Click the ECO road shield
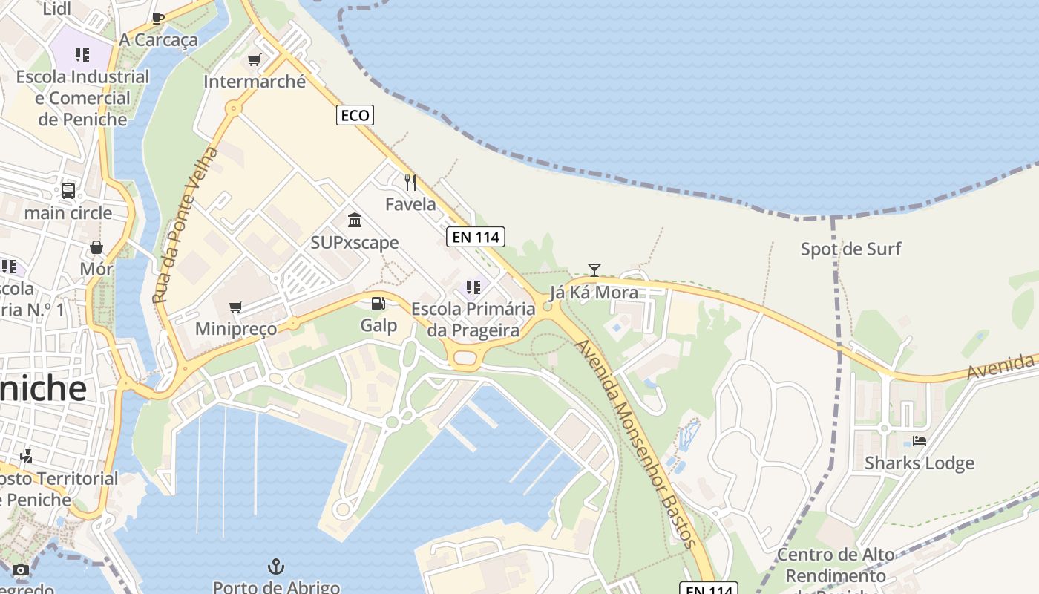(355, 115)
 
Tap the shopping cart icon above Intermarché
(255, 60)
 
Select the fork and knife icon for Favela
(410, 182)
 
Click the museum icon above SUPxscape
(355, 221)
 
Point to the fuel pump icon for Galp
(378, 304)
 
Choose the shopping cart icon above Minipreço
(236, 307)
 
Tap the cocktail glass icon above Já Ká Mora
(594, 270)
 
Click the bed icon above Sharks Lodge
(920, 441)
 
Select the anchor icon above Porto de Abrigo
(276, 567)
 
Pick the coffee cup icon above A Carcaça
(158, 18)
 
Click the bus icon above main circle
(68, 191)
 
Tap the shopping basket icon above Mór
(96, 247)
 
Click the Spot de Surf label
(850, 249)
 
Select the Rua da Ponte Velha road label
(186, 224)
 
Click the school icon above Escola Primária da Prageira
(473, 287)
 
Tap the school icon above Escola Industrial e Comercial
(82, 55)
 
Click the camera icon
(21, 570)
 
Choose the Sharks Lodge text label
(919, 463)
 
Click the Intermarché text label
(255, 82)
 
